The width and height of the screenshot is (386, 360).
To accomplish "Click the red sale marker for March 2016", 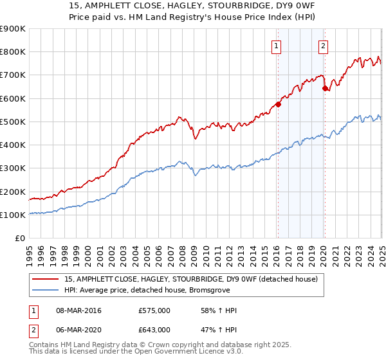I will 278,104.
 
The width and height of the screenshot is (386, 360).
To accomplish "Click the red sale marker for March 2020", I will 325,88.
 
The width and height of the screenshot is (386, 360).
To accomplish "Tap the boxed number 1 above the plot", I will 276,46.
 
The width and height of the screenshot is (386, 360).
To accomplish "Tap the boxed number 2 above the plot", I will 322,46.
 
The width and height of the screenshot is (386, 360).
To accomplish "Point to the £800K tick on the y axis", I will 13,52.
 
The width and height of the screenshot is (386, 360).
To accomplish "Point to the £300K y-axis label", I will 13,168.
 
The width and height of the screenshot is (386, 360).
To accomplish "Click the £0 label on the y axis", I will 20,239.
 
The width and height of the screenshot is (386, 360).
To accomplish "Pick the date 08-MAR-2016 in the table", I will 79,311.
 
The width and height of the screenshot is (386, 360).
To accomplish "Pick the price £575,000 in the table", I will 154,311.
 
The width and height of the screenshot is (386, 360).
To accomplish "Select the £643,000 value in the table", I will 154,330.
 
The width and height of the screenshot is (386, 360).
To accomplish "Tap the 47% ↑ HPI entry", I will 219,330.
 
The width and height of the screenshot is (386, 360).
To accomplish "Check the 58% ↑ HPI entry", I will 219,311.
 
